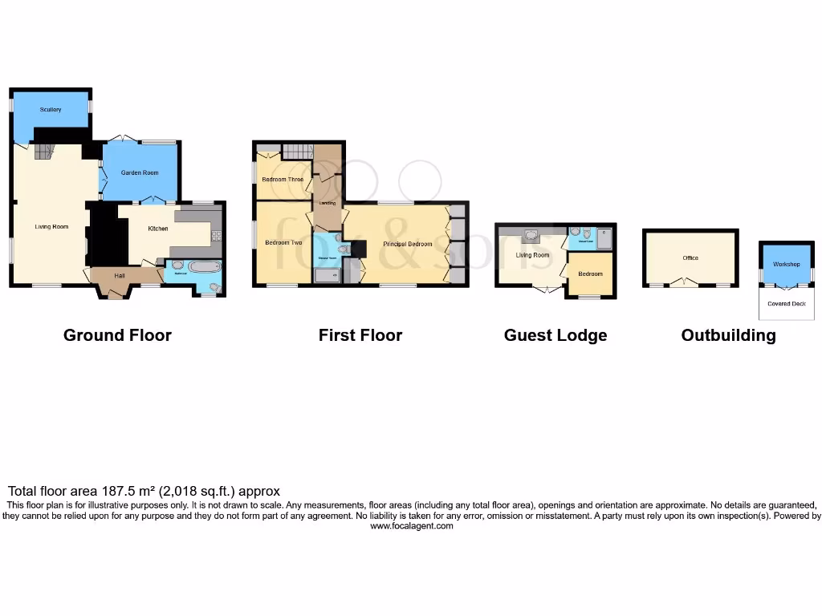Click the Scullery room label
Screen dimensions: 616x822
click(51, 109)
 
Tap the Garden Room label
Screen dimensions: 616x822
click(140, 172)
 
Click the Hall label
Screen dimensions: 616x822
click(120, 276)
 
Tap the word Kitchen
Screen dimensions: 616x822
click(158, 229)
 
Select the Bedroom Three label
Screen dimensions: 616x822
click(283, 179)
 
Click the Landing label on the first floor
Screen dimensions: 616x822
click(328, 203)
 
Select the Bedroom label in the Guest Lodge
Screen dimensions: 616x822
click(590, 274)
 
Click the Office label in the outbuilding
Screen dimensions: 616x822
click(690, 257)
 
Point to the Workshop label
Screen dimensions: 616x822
click(786, 264)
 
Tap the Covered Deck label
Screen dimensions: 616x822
click(786, 303)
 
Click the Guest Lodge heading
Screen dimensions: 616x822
click(555, 335)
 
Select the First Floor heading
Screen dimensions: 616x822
click(360, 335)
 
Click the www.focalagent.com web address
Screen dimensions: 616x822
click(411, 526)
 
